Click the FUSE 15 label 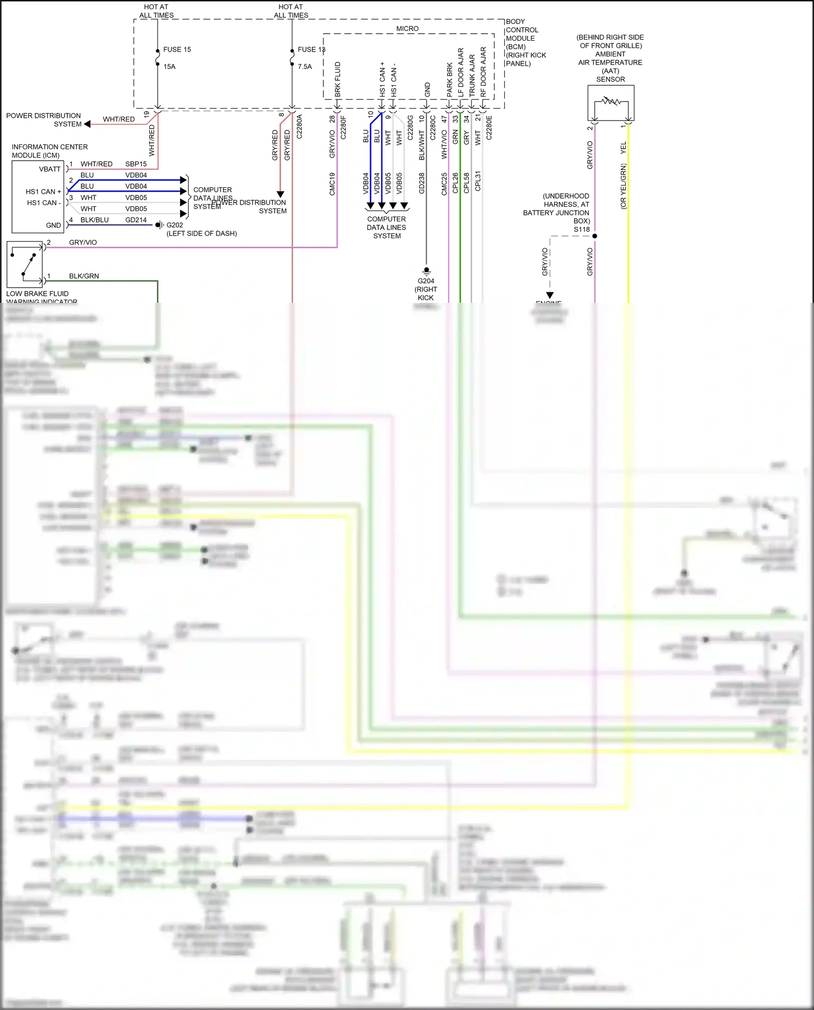177,49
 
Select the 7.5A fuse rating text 304,67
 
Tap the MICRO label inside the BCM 407,29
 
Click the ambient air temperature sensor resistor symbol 611,101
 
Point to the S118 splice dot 595,236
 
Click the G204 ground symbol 427,270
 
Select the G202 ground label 175,225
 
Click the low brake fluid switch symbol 25,264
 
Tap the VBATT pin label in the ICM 50,169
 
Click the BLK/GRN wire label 84,276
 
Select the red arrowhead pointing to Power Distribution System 87,124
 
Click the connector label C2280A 300,126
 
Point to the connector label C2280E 489,128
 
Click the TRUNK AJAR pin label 472,75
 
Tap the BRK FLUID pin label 338,79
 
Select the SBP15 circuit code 136,164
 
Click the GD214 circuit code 136,220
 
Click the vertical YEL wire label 623,147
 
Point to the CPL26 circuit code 455,183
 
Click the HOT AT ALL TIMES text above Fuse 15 156,11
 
